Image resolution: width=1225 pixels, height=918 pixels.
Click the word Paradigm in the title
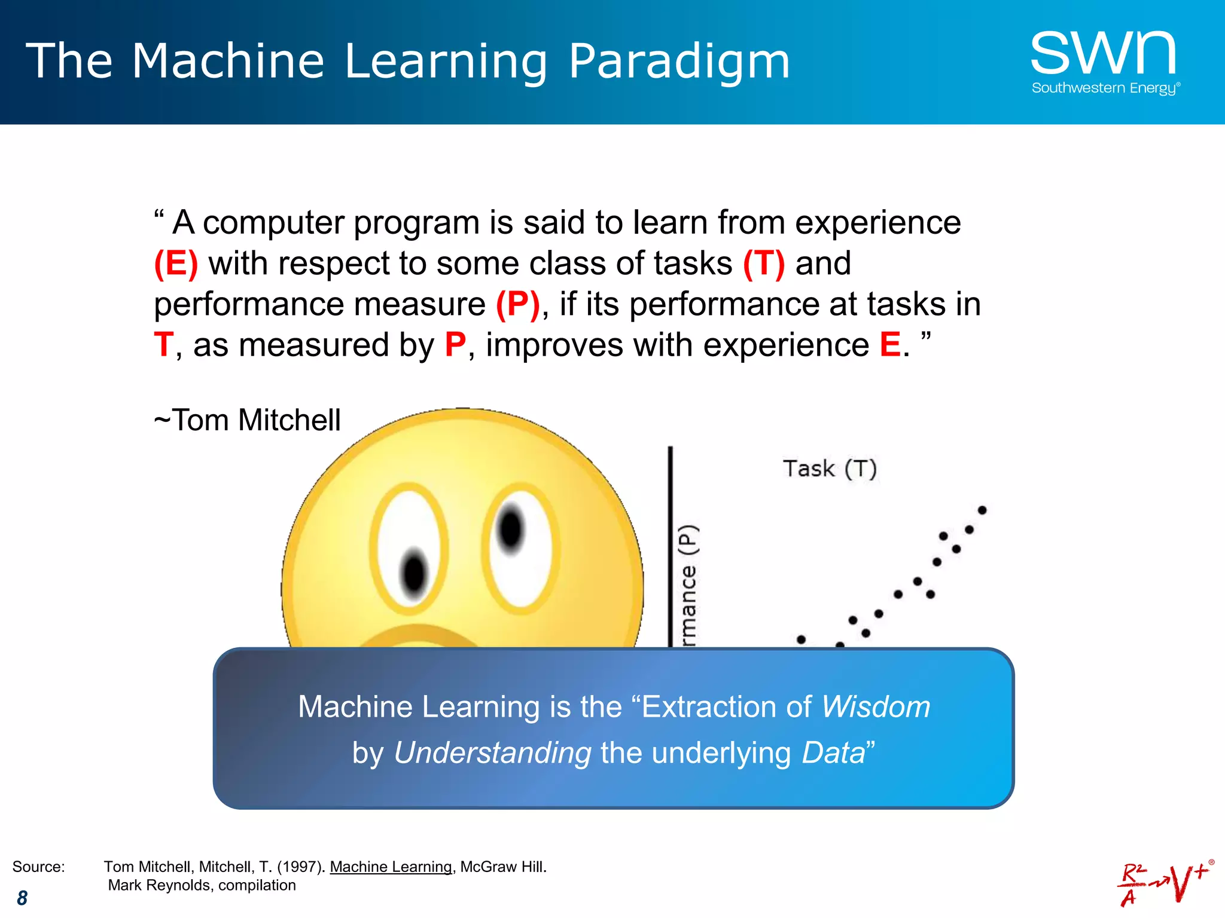tap(679, 61)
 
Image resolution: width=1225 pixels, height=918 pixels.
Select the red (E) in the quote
tap(176, 264)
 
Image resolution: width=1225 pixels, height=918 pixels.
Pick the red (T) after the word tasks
tap(764, 264)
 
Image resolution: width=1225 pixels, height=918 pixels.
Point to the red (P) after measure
tap(518, 304)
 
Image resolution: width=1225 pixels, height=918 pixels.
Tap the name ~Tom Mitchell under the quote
tap(247, 420)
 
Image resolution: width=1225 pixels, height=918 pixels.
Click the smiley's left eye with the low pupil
tap(409, 549)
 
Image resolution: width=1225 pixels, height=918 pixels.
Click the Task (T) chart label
tap(830, 469)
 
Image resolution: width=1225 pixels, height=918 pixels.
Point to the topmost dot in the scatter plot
tap(982, 510)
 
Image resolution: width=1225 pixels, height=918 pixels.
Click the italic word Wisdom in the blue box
tap(876, 707)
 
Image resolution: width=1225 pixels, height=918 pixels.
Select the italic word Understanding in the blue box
tap(492, 753)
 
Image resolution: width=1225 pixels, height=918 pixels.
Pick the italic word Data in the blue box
tap(833, 753)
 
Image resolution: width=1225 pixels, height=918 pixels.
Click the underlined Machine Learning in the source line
tap(391, 867)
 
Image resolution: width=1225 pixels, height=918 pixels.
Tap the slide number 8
tap(22, 898)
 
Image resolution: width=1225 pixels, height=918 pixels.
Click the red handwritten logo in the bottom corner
tap(1163, 883)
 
